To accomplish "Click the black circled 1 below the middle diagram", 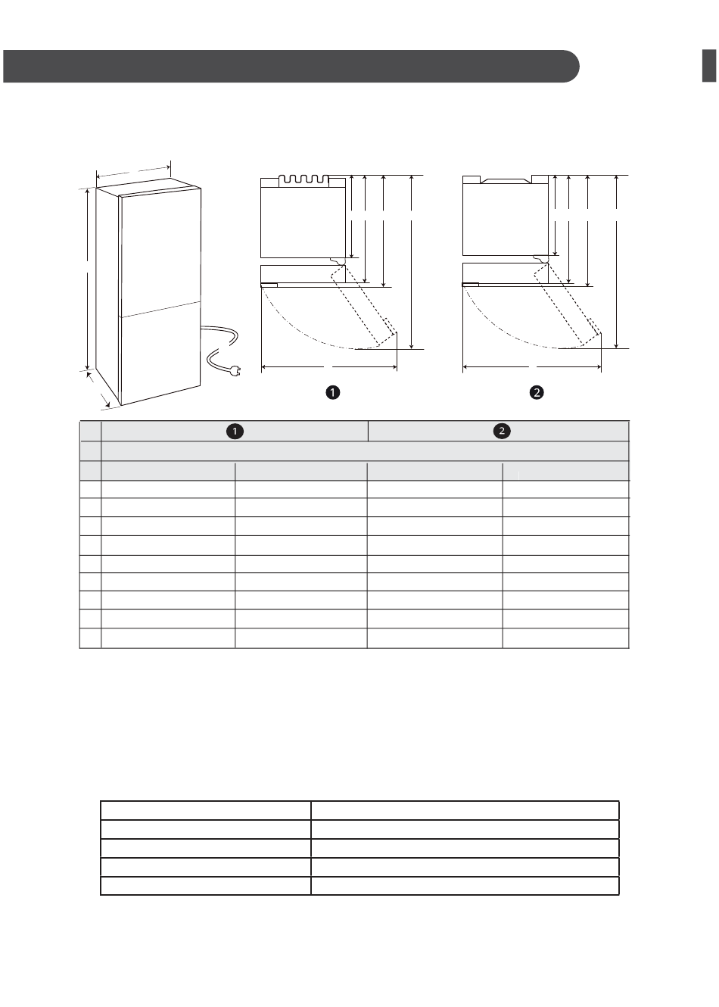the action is pyautogui.click(x=332, y=392).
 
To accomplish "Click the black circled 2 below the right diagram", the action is pyautogui.click(x=537, y=392).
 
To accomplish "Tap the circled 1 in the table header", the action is pyautogui.click(x=235, y=432).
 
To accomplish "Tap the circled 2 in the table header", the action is pyautogui.click(x=502, y=431).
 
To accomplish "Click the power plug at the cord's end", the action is pyautogui.click(x=234, y=370).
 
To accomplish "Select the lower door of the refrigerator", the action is pyautogui.click(x=160, y=353).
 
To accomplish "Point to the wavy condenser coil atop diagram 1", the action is pyautogui.click(x=303, y=181).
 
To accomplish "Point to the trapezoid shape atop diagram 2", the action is pyautogui.click(x=506, y=181).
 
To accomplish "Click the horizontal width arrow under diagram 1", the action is pyautogui.click(x=329, y=367).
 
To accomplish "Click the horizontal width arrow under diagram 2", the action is pyautogui.click(x=532, y=367).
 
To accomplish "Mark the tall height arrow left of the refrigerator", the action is pyautogui.click(x=88, y=279).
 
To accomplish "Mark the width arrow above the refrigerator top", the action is pyautogui.click(x=133, y=172).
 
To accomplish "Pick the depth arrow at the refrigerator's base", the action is pyautogui.click(x=98, y=389).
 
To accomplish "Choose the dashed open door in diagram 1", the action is pyautogui.click(x=364, y=307).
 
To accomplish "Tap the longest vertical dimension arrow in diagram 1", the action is pyautogui.click(x=412, y=262).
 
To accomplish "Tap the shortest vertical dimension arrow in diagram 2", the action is pyautogui.click(x=556, y=215).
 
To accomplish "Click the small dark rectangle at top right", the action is pyautogui.click(x=709, y=66).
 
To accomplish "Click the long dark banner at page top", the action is pyautogui.click(x=291, y=66).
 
